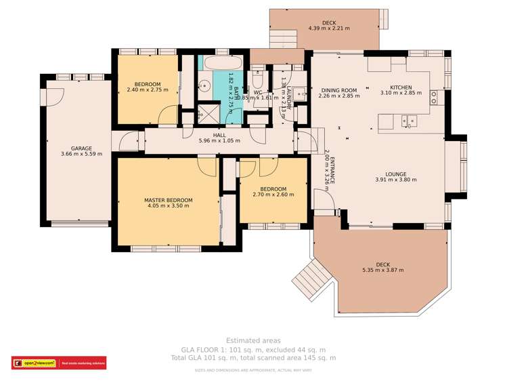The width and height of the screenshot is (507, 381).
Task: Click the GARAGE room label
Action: coord(81,148)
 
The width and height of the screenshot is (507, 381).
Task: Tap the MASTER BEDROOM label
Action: coord(168,200)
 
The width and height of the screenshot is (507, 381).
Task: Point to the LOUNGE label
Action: coord(396,174)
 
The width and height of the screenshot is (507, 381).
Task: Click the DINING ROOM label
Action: coord(338,90)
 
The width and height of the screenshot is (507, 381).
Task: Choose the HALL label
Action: coord(219,135)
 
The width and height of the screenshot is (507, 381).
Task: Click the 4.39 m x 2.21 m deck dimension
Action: coord(329,28)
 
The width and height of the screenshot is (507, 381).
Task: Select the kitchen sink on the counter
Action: coord(409,121)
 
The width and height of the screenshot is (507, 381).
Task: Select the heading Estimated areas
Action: coord(252,340)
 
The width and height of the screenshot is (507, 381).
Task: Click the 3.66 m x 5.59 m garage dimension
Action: coord(81,154)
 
